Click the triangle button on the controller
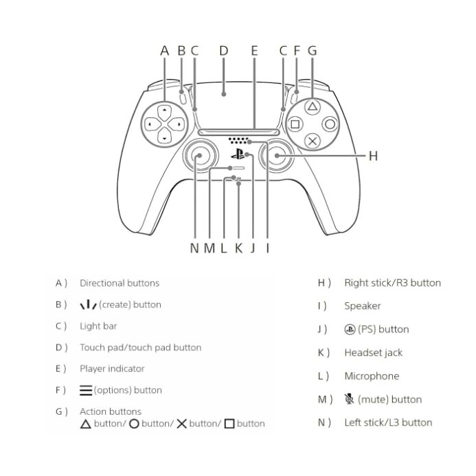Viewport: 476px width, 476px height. coord(312,107)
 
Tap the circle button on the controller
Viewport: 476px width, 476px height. coord(330,124)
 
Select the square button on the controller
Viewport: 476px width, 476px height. coord(295,124)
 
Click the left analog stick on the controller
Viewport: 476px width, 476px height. coord(198,157)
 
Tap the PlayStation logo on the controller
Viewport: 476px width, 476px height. coord(237,155)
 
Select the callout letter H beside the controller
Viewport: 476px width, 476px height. coord(373,157)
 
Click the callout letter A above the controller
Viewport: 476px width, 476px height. coord(164,51)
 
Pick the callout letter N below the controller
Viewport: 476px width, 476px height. coord(194,248)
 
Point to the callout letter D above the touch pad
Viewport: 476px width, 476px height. coord(223,51)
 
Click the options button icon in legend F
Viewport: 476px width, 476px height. coord(86,390)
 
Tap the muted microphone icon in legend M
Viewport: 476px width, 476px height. coord(350,399)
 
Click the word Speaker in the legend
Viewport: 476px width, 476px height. coord(362,306)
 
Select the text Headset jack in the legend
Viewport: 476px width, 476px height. coord(373,352)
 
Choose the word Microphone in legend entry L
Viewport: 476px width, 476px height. coord(371,376)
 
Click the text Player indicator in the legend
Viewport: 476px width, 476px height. coord(112,369)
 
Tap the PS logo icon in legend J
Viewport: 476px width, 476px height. coord(350,329)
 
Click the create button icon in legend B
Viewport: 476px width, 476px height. coord(88,304)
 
